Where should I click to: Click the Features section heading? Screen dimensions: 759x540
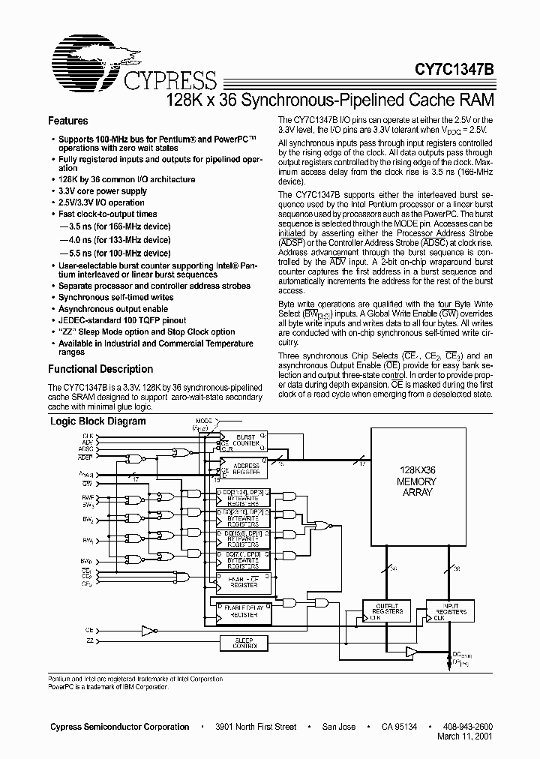[x=67, y=121]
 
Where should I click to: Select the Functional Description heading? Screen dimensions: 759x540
[x=100, y=369]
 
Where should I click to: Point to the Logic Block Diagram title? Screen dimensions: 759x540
[x=97, y=421]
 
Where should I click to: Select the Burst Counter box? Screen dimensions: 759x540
[x=246, y=440]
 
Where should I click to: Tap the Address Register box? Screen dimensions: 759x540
[x=246, y=469]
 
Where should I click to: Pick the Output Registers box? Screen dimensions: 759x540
[x=388, y=611]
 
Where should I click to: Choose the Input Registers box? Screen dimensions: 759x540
[x=451, y=611]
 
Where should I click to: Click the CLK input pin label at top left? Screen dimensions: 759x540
[x=88, y=435]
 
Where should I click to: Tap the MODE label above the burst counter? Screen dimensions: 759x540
[x=204, y=421]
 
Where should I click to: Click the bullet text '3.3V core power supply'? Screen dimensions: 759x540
[x=102, y=191]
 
